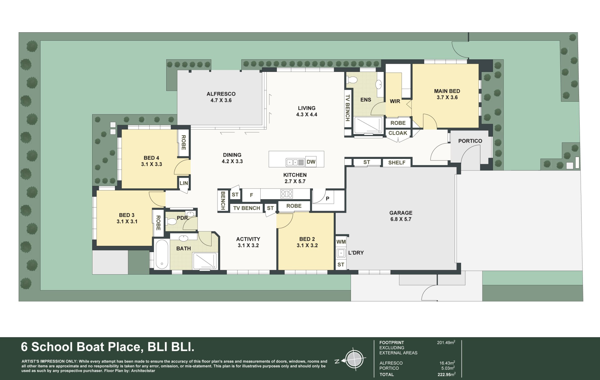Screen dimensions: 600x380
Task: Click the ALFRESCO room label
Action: coord(221,94)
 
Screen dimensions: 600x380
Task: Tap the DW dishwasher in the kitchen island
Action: coord(311,162)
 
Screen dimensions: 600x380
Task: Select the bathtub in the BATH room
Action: coord(162,254)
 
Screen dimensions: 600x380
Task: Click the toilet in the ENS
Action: coord(352,80)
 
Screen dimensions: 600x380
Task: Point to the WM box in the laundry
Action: coord(341,242)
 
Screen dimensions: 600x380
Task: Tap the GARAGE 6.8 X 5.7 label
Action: coord(401,216)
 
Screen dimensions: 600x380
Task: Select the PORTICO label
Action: coord(470,141)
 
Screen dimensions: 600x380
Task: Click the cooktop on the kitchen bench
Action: coord(287,194)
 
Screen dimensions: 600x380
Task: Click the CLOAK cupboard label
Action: coord(397,133)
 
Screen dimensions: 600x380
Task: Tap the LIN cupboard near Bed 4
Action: coord(184,183)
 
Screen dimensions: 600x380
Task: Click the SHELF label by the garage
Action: coord(397,163)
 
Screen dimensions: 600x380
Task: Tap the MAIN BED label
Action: coord(447,91)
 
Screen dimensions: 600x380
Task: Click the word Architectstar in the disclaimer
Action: coord(143,371)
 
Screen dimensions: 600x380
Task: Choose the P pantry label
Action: coord(327,199)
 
